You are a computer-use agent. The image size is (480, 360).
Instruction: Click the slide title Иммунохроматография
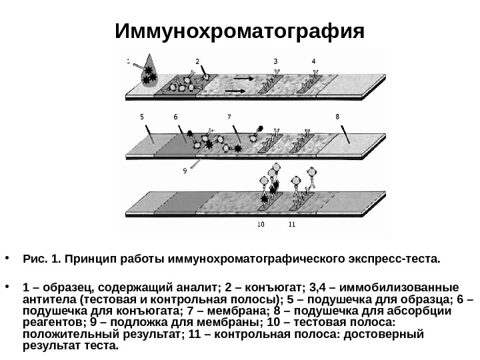click(240, 32)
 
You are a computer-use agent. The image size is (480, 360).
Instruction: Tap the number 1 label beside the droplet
click(128, 61)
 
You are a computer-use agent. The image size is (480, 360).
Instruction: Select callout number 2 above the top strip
click(197, 61)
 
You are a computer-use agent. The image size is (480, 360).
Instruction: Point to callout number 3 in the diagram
click(275, 61)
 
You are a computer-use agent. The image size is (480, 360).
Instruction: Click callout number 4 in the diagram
click(314, 61)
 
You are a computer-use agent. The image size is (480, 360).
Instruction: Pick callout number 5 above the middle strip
click(142, 116)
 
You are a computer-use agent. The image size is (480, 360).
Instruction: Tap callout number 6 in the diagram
click(175, 117)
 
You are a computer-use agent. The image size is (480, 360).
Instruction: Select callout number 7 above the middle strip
click(229, 116)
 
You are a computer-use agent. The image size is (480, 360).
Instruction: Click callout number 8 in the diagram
click(337, 116)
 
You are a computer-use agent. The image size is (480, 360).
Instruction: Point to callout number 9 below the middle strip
click(185, 171)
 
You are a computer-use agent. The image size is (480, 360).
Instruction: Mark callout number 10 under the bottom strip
click(261, 224)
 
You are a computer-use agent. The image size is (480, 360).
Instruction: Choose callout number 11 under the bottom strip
click(292, 224)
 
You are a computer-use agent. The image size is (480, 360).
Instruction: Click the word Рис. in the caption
click(33, 257)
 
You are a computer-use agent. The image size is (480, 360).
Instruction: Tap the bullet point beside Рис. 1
click(7, 257)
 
